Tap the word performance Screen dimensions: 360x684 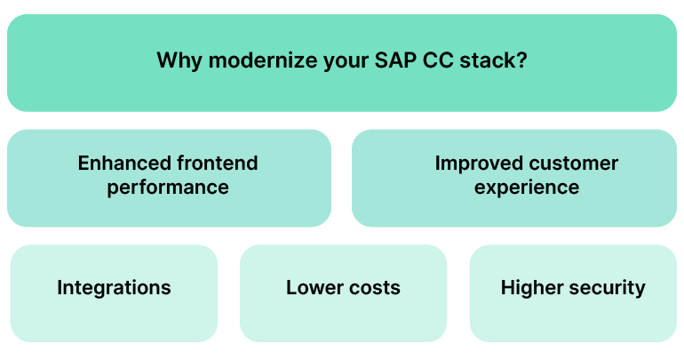pos(168,188)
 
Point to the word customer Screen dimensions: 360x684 pos(572,164)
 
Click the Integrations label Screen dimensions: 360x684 pos(114,288)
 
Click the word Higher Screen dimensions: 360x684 pos(529,288)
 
